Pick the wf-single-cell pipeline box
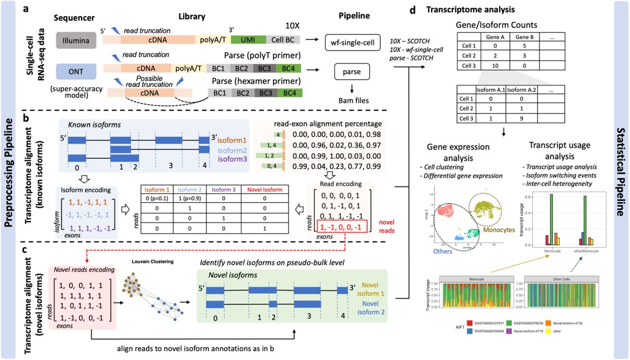[353, 44]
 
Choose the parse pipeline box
[352, 71]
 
